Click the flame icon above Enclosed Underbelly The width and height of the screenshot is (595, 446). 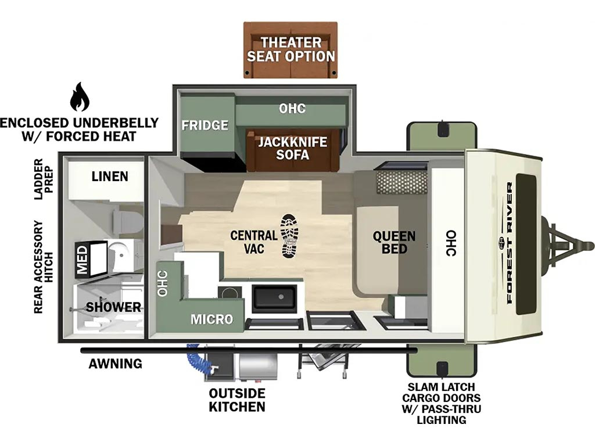point(80,97)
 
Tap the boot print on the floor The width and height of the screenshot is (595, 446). point(289,236)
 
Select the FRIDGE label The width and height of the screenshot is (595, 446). point(205,125)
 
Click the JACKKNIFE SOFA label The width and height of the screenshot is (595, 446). point(293,148)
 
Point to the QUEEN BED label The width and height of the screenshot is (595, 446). point(394,242)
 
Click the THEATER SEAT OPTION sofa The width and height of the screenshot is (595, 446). point(291,50)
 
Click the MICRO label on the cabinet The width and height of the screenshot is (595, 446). point(212,319)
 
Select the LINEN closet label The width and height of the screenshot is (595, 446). point(110,177)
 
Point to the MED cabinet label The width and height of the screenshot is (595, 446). point(83,260)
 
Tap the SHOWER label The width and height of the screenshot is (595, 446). point(113,307)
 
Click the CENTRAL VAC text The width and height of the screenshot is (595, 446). point(254,242)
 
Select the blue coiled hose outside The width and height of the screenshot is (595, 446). point(198,358)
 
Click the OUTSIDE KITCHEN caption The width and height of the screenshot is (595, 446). point(237,400)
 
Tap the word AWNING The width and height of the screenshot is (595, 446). point(116,364)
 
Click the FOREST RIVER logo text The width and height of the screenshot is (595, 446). point(509,243)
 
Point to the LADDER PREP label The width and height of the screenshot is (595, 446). point(44,179)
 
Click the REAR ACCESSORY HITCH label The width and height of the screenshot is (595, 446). point(44,267)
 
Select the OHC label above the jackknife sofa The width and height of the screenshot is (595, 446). point(292,109)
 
